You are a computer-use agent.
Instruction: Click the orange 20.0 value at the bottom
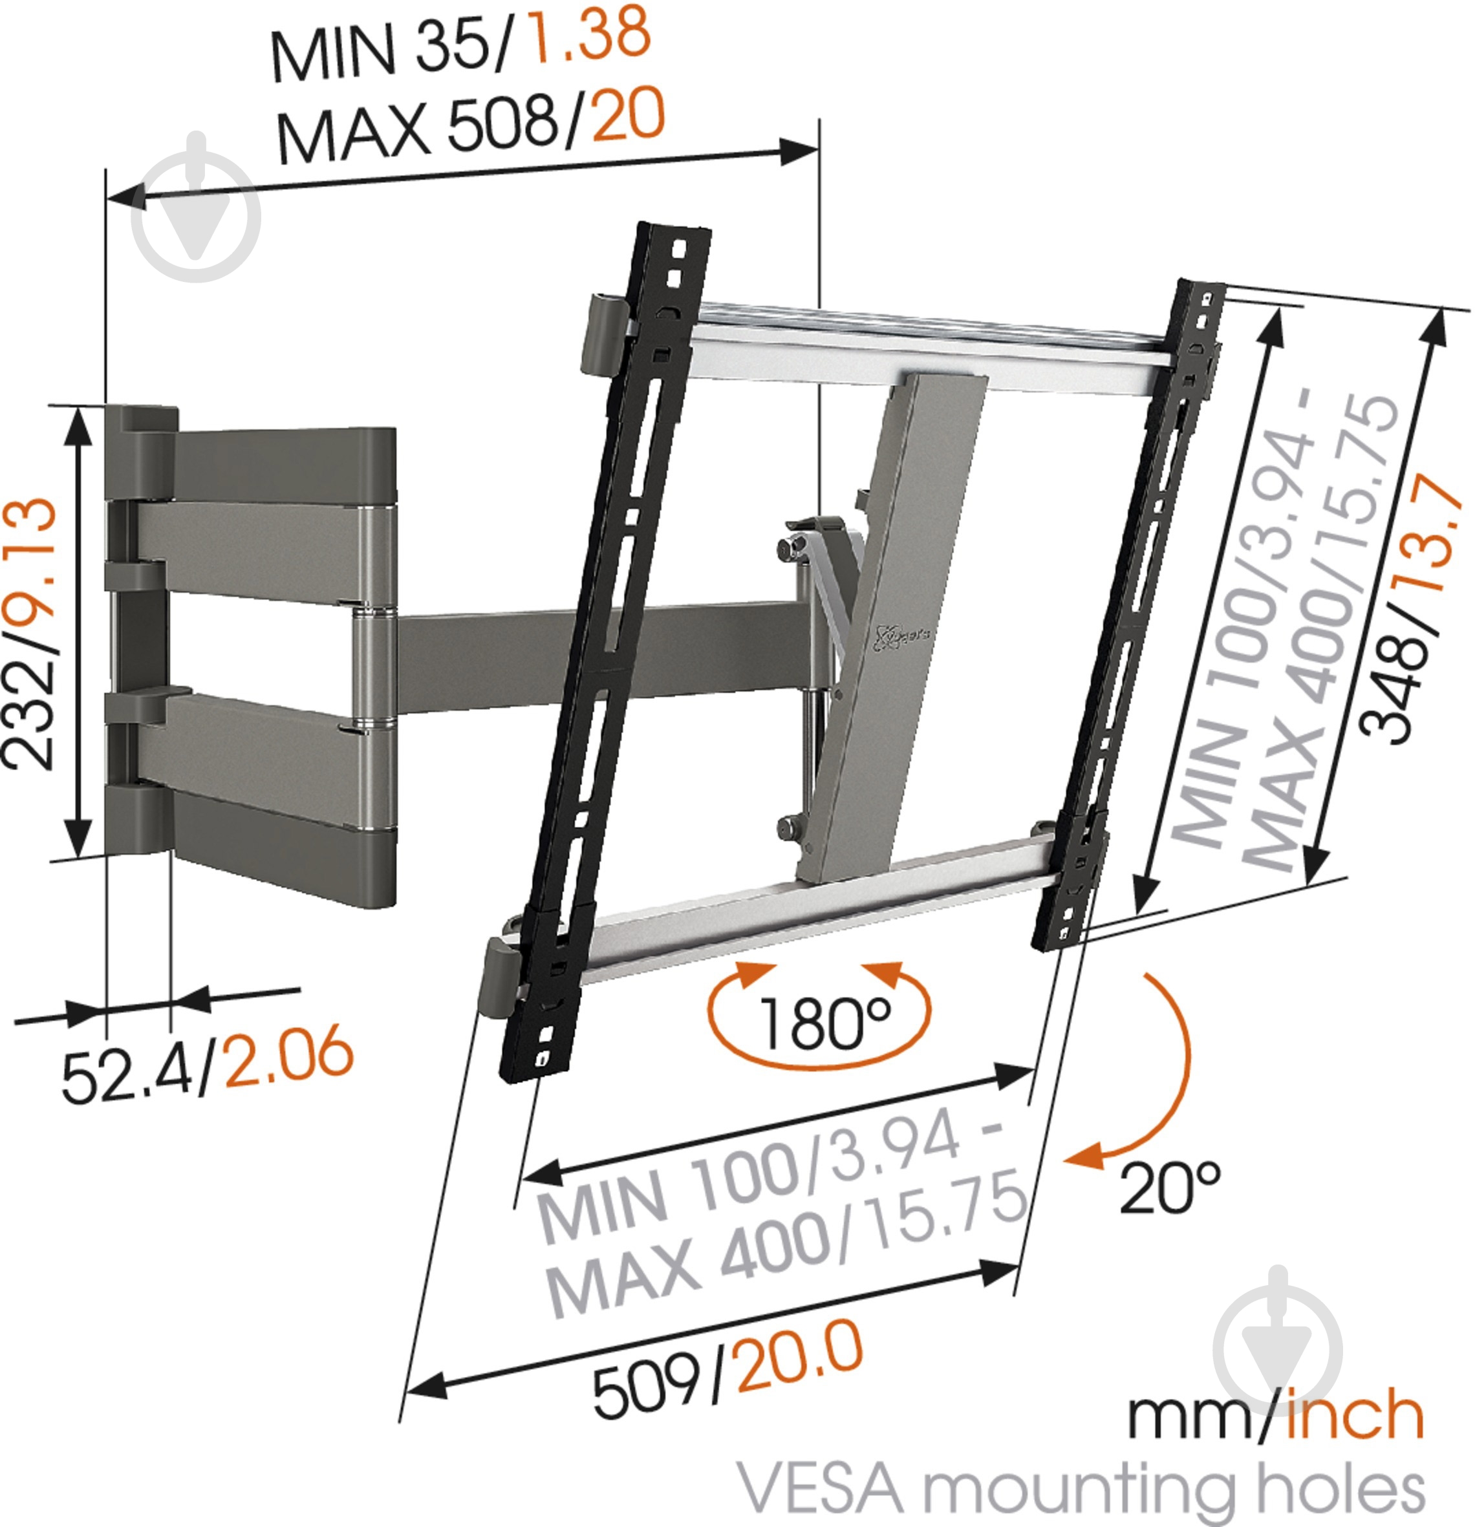[799, 1356]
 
